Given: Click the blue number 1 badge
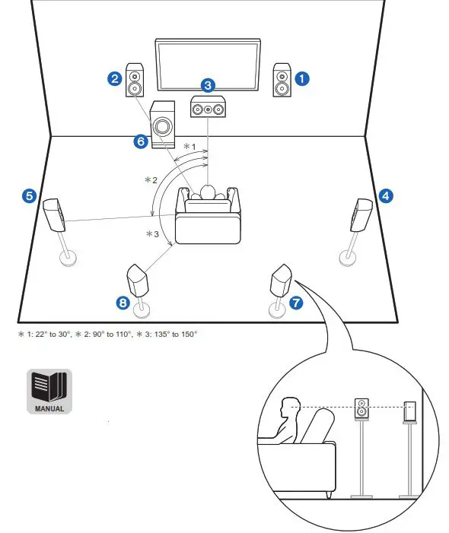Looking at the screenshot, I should click(x=303, y=78).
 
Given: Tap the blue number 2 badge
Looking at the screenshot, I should click(x=114, y=78).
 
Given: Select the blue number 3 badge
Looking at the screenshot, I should click(x=208, y=86).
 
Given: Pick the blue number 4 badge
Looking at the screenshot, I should click(x=386, y=195).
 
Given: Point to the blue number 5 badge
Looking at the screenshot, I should click(x=29, y=195).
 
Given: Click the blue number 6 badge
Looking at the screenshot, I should click(x=139, y=141).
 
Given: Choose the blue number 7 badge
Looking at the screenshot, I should click(x=295, y=303).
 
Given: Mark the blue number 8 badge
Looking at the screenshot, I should click(x=123, y=303).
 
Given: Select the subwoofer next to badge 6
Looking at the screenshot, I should click(x=162, y=124).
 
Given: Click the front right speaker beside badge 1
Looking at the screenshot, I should click(x=282, y=80).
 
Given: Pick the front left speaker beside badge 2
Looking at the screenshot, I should click(x=135, y=80).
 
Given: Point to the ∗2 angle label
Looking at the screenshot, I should click(x=152, y=180).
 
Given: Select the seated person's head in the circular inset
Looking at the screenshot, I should click(x=290, y=407).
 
